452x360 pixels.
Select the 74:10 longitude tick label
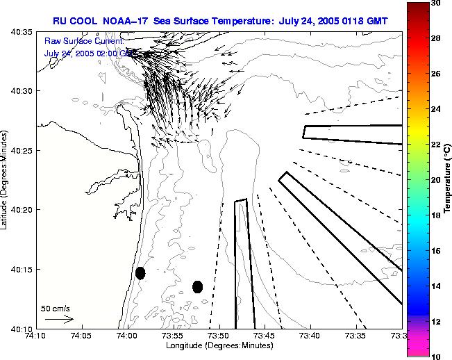[36, 336]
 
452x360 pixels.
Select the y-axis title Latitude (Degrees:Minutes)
[6, 181]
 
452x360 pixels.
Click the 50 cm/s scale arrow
[59, 319]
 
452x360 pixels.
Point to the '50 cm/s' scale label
[56, 308]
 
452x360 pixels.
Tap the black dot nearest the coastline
[140, 272]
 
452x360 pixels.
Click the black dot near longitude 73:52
[197, 286]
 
